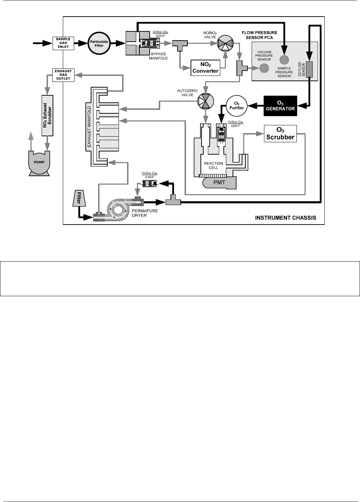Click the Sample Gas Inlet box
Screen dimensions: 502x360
coord(63,43)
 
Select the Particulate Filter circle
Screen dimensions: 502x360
coord(99,43)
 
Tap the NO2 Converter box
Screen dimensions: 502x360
coord(205,67)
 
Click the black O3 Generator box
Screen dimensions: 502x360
coord(280,106)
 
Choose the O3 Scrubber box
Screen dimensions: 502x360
coord(280,134)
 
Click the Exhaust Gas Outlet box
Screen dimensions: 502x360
coord(63,75)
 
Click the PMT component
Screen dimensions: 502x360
coord(219,183)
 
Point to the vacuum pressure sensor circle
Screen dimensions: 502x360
coord(264,68)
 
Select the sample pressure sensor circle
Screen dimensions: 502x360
coord(284,60)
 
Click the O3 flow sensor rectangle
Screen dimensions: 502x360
coord(309,69)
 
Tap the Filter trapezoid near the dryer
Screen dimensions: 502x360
coord(79,199)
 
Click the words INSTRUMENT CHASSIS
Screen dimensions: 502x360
coord(286,218)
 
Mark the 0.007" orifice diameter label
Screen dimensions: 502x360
coord(236,124)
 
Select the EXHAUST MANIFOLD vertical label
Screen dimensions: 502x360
coord(89,127)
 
